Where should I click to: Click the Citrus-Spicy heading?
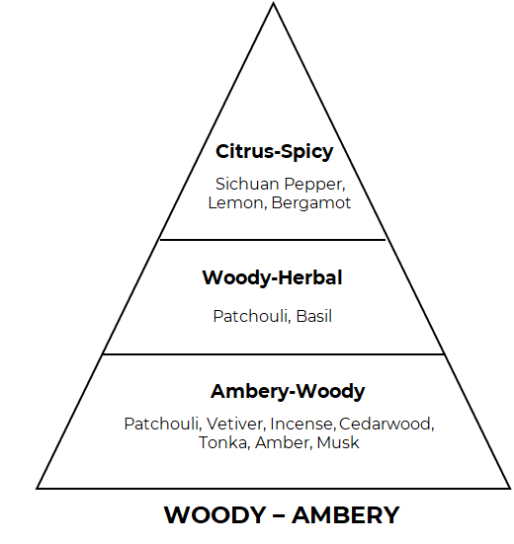click(x=275, y=152)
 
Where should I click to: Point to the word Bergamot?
click(x=311, y=203)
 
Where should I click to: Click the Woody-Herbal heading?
click(x=272, y=277)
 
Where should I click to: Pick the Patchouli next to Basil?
click(x=251, y=316)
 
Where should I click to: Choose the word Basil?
click(x=314, y=316)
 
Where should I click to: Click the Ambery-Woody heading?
click(x=288, y=392)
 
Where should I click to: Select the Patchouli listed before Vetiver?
click(x=163, y=424)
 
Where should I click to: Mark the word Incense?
click(x=302, y=424)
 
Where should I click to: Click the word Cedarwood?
click(x=386, y=424)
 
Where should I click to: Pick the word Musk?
click(x=338, y=442)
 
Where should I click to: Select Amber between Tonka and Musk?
click(x=284, y=442)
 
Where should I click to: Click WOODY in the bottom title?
click(x=215, y=515)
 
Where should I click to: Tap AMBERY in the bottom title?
click(x=346, y=515)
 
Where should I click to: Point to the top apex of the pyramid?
click(x=274, y=3)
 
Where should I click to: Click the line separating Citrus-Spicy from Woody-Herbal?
click(x=273, y=239)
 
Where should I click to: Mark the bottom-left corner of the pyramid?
click(x=37, y=489)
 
